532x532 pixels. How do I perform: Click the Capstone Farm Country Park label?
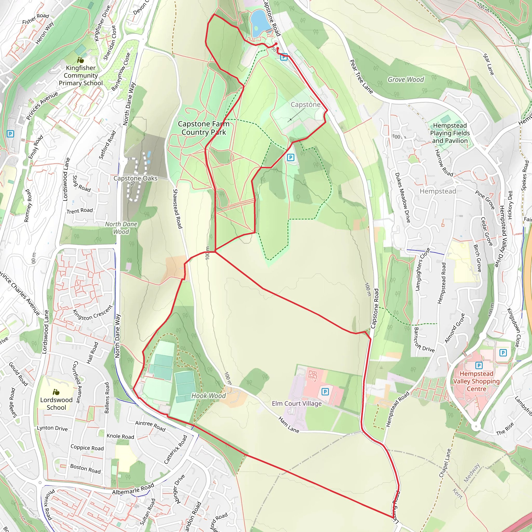pos(203,128)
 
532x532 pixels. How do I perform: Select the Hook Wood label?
pos(208,396)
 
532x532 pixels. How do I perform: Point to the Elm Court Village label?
pos(297,403)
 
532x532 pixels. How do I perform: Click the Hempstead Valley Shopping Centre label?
pos(476,381)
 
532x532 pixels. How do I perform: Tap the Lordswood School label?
pos(56,403)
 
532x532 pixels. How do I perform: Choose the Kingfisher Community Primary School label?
pos(81,75)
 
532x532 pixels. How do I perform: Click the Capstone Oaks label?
pos(136,178)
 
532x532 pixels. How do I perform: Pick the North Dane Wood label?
pos(121,228)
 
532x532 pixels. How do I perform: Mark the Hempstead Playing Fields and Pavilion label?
pos(450,133)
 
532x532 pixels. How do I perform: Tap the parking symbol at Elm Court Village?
pos(325,391)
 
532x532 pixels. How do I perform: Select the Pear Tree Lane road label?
pos(361,77)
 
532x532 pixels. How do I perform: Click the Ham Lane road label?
pos(289,425)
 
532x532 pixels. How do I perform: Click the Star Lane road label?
pos(489,64)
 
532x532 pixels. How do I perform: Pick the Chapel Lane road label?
pos(445,463)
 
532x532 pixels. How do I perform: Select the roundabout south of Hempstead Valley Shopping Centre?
pos(476,427)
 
